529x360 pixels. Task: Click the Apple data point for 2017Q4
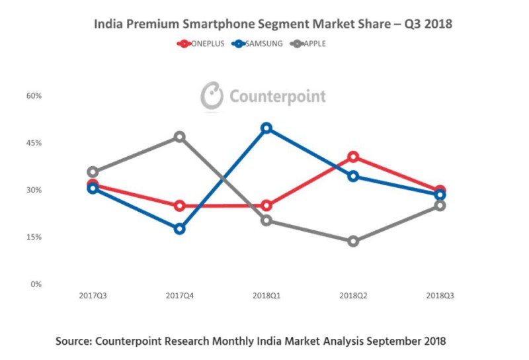[179, 137]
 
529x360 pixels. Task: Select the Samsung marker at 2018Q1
[266, 128]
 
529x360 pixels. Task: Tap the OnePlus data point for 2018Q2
[353, 157]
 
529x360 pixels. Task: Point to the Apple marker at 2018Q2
[353, 241]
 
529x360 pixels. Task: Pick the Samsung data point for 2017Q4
[179, 229]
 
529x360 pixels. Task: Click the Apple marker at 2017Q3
[93, 172]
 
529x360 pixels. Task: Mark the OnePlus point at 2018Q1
[266, 205]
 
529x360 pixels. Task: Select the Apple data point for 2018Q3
[440, 205]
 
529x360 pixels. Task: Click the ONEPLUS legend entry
[201, 44]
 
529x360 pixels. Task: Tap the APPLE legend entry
[309, 44]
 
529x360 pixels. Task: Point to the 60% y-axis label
[34, 95]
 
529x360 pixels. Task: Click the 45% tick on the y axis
[34, 143]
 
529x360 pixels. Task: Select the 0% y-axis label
[36, 284]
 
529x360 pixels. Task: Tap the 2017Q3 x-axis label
[93, 295]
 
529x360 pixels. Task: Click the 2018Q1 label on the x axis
[266, 295]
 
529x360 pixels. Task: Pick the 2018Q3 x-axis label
[440, 295]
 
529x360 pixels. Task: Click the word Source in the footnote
[74, 341]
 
